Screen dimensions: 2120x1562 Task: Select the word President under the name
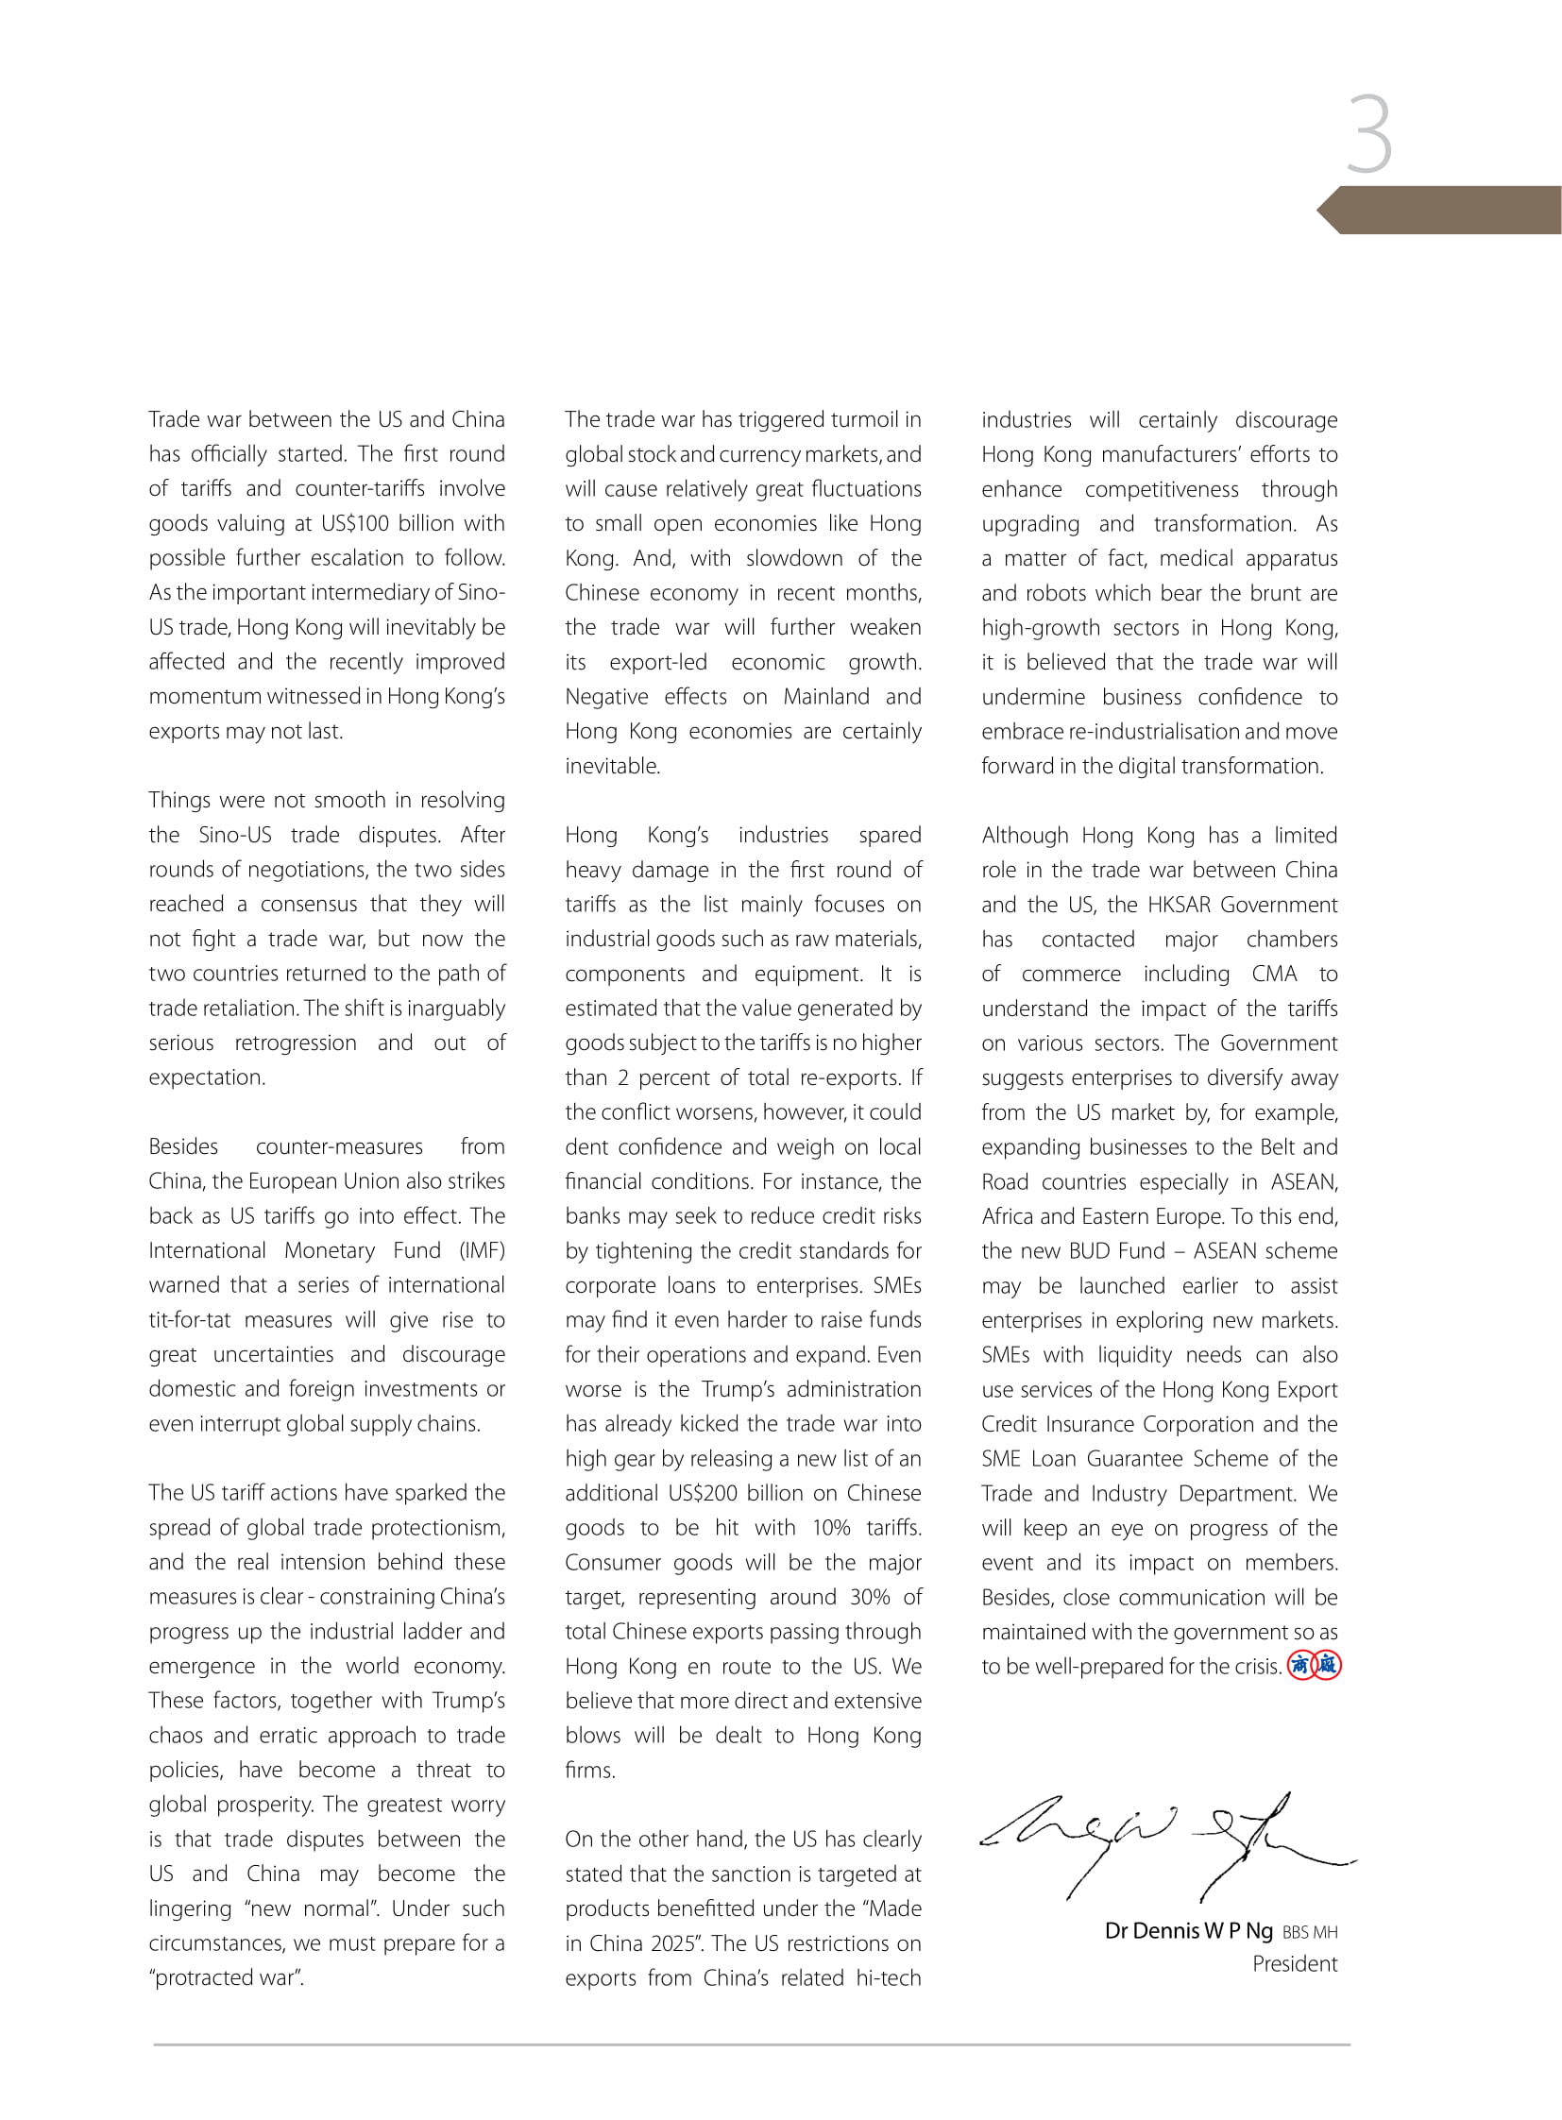pos(1295,1964)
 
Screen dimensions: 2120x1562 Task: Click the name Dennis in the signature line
pos(1165,1930)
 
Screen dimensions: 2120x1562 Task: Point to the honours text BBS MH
pos(1310,1933)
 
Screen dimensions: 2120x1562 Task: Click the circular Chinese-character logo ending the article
pos(1314,1666)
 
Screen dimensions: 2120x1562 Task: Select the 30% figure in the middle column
pos(870,1597)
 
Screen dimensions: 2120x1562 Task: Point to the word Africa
pos(1007,1216)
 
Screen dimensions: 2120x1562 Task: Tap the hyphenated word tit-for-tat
pos(189,1320)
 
